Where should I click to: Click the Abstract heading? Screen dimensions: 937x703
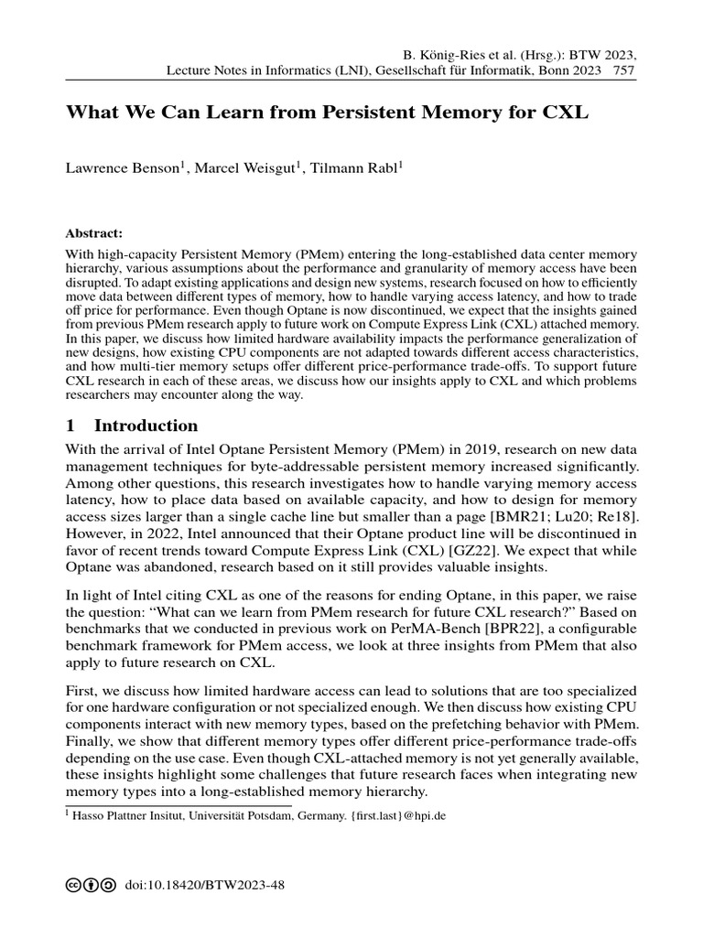(94, 232)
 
